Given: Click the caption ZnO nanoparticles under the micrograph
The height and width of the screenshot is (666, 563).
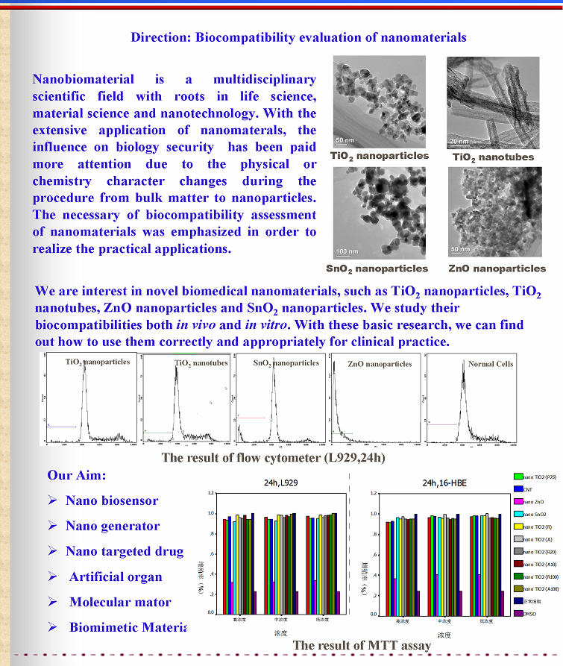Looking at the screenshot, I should pyautogui.click(x=497, y=268).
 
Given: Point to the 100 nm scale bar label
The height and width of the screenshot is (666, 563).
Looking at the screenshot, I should pyautogui.click(x=347, y=251).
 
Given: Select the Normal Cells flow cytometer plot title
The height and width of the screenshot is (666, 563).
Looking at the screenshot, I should pyautogui.click(x=490, y=364).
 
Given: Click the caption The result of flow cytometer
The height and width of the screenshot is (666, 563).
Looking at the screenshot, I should pyautogui.click(x=273, y=457).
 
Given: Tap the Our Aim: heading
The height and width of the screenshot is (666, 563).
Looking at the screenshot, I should pyautogui.click(x=77, y=475).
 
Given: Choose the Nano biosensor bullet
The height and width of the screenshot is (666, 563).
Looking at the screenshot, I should pyautogui.click(x=112, y=500).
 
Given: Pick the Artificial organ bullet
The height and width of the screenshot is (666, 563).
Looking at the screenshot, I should pyautogui.click(x=116, y=577).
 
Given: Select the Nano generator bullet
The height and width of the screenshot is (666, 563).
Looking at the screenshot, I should pyautogui.click(x=112, y=526).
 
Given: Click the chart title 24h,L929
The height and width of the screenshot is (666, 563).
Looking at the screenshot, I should pyautogui.click(x=280, y=483).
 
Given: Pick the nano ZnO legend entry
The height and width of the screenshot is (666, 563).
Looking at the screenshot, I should pyautogui.click(x=534, y=502).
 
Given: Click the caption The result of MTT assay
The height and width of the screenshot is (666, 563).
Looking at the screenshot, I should pyautogui.click(x=362, y=645).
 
